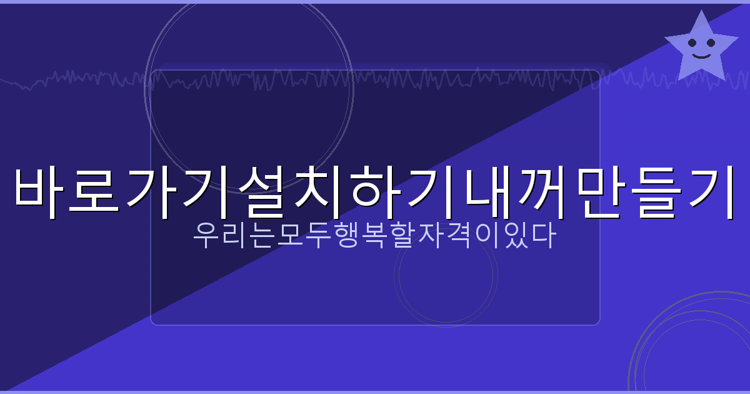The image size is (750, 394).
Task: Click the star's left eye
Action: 692,43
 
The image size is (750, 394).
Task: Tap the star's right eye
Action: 711,43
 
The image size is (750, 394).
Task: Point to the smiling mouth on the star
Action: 702,56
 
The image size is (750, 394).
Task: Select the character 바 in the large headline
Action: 41,191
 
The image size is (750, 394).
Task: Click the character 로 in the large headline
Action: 97,191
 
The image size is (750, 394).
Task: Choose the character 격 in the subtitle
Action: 466,237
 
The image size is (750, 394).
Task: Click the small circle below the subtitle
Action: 446,276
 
